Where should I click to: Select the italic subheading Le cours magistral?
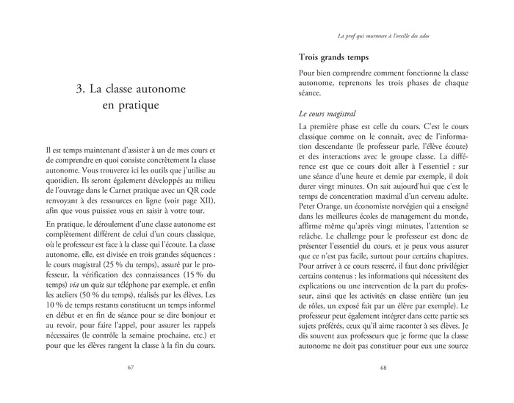coord(329,115)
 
